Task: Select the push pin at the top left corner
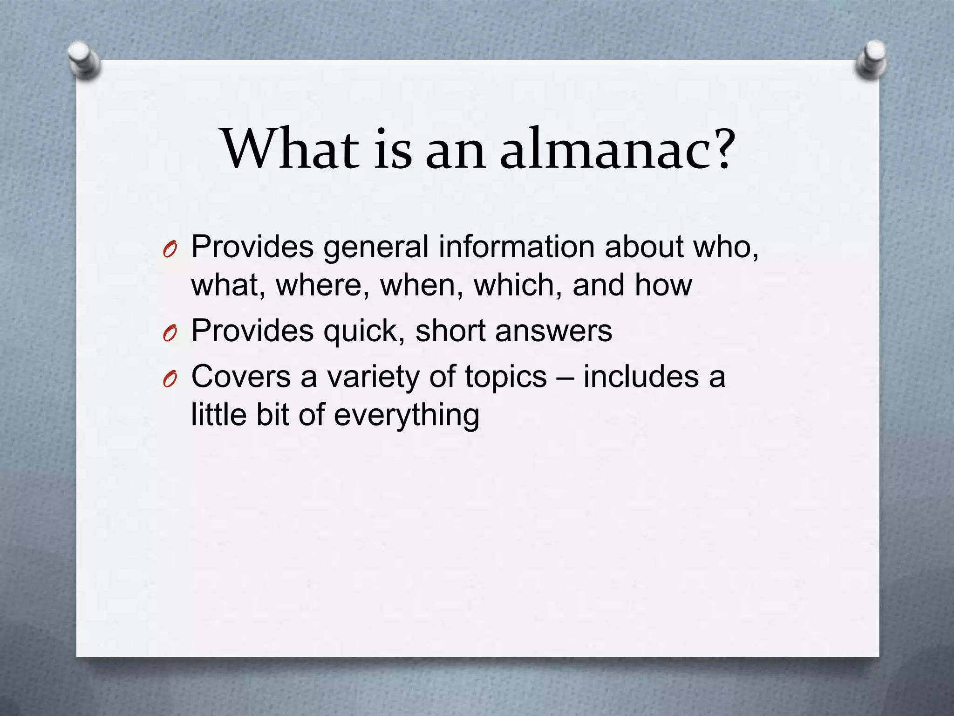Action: click(84, 61)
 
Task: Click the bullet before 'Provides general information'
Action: click(170, 251)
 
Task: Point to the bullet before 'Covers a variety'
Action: click(170, 380)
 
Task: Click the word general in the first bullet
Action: click(375, 247)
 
